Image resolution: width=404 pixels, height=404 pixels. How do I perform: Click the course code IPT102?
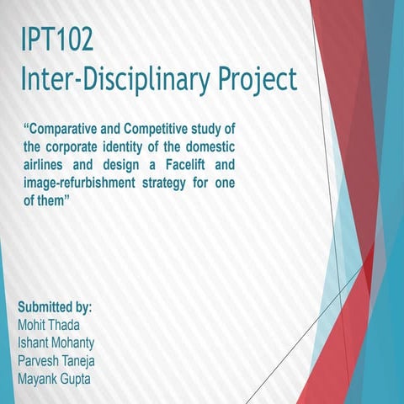(56, 40)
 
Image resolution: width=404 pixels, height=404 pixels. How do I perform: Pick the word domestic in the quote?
(206, 145)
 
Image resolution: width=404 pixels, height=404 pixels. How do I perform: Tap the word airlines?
(50, 163)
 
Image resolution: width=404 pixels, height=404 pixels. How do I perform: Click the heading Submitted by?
(55, 306)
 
